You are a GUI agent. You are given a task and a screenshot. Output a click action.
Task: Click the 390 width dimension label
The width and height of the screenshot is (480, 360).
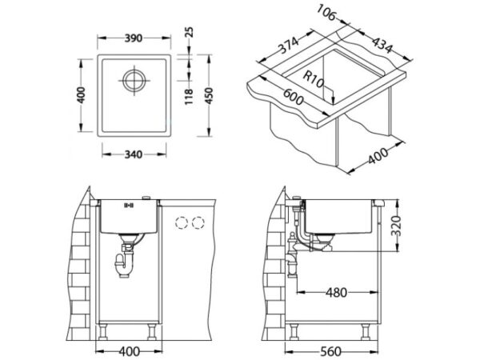pos(134,38)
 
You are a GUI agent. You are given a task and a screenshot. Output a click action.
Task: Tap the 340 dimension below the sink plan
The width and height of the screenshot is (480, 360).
pos(134,154)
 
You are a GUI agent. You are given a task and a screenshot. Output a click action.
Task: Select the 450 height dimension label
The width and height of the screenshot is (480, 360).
pos(209,96)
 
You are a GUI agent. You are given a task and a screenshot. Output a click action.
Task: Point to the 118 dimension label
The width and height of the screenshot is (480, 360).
pos(189,97)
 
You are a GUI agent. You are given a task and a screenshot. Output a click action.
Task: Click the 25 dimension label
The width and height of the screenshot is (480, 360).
pos(190,32)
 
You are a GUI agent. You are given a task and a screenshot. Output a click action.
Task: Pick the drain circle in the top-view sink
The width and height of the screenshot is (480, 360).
pos(134,81)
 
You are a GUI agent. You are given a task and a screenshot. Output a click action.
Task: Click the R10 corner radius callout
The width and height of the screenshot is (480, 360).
pos(313,79)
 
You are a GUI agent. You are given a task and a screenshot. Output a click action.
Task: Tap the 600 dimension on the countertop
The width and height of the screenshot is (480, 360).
pos(293,97)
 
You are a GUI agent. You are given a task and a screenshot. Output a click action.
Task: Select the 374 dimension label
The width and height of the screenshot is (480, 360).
pos(288,46)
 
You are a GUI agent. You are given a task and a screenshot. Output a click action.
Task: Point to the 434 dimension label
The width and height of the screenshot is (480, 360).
pos(382,45)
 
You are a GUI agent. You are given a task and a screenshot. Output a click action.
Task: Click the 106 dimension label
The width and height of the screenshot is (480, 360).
pos(326,13)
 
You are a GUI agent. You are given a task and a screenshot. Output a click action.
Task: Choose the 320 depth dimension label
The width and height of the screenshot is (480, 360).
pos(396,226)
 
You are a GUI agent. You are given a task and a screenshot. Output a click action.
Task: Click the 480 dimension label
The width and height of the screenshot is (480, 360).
pos(336,293)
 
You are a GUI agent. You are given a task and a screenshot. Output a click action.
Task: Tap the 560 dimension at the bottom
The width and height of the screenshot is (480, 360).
pos(330,351)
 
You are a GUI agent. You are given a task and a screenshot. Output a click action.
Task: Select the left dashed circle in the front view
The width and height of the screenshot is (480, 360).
pos(182,222)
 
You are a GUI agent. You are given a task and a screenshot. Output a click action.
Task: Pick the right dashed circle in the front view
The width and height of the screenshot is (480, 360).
pos(198,222)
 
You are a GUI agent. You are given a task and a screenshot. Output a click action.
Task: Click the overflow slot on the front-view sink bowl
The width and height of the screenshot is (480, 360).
pos(128,205)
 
